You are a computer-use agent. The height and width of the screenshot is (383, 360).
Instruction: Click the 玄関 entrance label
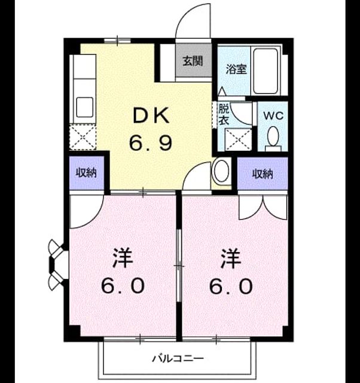tap(193, 61)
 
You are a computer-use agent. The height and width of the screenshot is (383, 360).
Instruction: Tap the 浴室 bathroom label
tap(236, 69)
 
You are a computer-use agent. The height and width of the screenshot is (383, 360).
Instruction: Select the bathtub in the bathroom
tap(266, 71)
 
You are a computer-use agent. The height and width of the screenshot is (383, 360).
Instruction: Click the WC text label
tap(273, 115)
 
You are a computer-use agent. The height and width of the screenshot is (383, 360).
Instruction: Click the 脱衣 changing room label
tap(224, 114)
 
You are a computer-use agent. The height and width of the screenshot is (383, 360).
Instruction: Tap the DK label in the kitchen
tap(151, 115)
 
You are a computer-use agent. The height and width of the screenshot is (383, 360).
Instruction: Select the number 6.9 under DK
tap(151, 143)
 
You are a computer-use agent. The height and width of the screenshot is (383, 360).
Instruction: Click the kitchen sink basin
tap(84, 107)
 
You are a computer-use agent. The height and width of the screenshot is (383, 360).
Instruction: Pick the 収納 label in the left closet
tap(86, 173)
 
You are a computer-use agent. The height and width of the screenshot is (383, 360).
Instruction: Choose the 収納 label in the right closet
tap(263, 174)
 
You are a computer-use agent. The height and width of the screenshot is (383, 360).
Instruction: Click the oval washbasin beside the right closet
tap(222, 171)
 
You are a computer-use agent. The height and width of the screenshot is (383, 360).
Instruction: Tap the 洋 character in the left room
tap(123, 258)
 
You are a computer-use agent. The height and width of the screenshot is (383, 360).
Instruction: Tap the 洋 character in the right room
tap(231, 258)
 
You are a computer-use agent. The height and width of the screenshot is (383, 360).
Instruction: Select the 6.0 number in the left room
tap(123, 286)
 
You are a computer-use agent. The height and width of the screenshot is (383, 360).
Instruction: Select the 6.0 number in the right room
tap(231, 286)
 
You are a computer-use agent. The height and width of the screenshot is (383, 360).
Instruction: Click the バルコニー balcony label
tap(178, 358)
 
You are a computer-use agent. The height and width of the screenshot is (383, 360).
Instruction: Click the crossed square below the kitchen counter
tap(83, 137)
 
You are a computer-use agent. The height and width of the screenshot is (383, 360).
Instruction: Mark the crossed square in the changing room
tap(238, 139)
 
